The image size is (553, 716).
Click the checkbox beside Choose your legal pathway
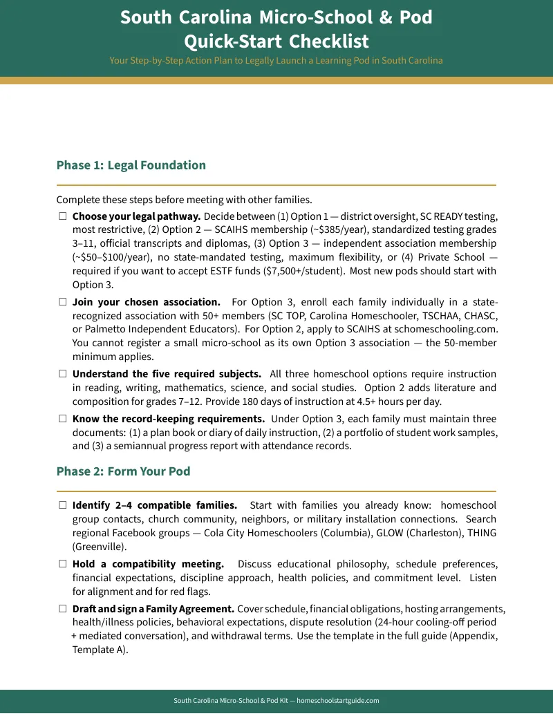pos(62,216)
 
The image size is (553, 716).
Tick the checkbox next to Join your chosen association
pos(62,302)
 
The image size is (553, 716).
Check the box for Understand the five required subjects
pos(62,374)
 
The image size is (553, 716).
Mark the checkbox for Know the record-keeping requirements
pos(62,419)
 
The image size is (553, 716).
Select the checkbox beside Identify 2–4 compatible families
pos(62,505)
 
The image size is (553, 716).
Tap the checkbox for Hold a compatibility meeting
pos(62,564)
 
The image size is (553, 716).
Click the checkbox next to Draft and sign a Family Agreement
pos(62,609)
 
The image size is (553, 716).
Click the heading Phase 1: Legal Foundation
pos(131,165)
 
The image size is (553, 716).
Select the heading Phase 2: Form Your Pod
pos(123,471)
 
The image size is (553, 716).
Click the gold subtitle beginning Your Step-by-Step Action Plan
pos(276,60)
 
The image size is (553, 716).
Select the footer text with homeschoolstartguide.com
pos(276,700)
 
